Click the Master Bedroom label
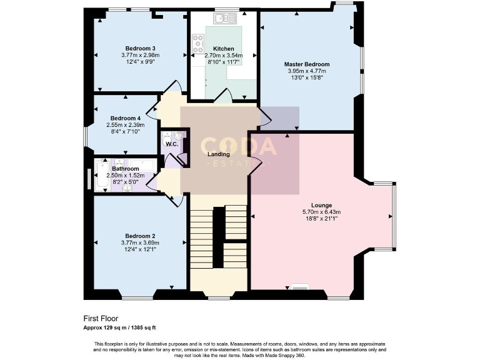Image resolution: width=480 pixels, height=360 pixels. [x=306, y=64]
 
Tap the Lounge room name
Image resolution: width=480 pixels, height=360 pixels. [x=321, y=205]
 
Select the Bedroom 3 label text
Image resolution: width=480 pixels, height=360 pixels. [x=140, y=49]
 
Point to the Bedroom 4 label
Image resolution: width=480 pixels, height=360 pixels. [x=126, y=118]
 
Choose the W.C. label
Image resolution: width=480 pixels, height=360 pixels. [x=172, y=144]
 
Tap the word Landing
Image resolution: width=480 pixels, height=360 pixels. [x=219, y=154]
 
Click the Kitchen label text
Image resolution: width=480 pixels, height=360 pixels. [x=223, y=49]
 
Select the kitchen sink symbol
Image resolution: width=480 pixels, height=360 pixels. [x=222, y=19]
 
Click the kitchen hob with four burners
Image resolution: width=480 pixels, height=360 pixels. [x=199, y=43]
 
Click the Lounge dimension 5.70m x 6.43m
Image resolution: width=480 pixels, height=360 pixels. [x=321, y=212]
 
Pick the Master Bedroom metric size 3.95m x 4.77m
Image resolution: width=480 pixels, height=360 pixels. [x=306, y=71]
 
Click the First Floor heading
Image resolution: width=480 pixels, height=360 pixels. [x=101, y=318]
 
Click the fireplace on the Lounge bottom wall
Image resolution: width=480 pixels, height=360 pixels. [x=300, y=287]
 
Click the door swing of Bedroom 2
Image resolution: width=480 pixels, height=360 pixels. [x=176, y=199]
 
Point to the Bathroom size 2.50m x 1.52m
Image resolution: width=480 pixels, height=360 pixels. [x=125, y=176]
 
